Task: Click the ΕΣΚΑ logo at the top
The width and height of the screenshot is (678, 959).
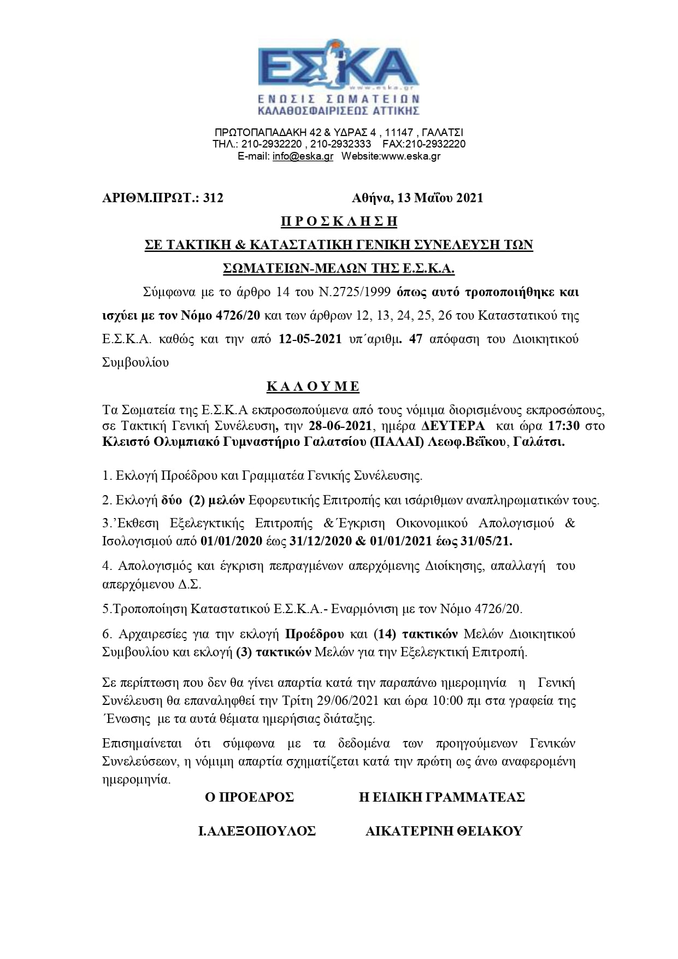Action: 339,77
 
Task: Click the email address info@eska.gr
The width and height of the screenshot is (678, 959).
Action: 303,156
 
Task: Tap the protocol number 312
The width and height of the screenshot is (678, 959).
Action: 213,198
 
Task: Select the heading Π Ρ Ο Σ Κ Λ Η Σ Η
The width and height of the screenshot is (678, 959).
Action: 339,222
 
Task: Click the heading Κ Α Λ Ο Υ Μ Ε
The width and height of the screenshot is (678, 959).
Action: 313,387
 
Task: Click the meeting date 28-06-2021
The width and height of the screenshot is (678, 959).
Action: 372,426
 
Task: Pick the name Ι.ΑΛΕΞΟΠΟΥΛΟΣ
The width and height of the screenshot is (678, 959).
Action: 257,831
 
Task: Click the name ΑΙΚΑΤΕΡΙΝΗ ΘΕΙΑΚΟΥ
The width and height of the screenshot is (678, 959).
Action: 444,831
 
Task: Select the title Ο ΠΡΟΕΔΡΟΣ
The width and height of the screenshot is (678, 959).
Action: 249,797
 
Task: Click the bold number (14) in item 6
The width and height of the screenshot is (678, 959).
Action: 385,634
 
